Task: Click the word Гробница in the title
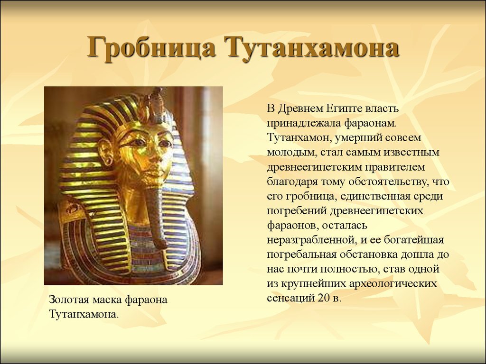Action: click(x=151, y=47)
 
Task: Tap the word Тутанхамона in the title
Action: click(x=313, y=47)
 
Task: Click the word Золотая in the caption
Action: click(x=69, y=300)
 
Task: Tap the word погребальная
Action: click(x=301, y=255)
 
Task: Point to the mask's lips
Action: click(x=150, y=171)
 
